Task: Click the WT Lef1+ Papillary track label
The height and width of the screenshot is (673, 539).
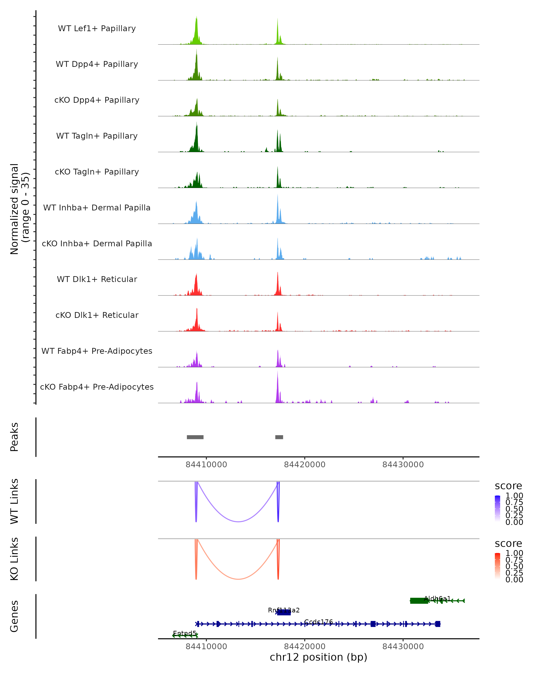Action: pos(97,28)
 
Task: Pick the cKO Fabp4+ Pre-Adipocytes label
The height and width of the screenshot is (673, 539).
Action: pos(97,387)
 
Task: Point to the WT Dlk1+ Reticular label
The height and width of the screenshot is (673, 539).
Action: pos(97,279)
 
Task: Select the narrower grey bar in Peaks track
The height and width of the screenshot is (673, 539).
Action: pos(279,437)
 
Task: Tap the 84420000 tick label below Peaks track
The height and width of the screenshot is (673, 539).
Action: pos(305,465)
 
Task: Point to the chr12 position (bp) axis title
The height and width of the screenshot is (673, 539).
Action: pos(318,657)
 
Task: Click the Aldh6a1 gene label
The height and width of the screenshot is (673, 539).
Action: pos(437,598)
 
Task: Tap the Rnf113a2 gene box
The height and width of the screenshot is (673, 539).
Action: pos(284,612)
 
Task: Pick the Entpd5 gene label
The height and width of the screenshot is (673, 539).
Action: pos(185,633)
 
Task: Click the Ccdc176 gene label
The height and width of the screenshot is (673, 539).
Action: pos(318,622)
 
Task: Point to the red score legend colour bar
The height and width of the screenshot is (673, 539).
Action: pos(497,566)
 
